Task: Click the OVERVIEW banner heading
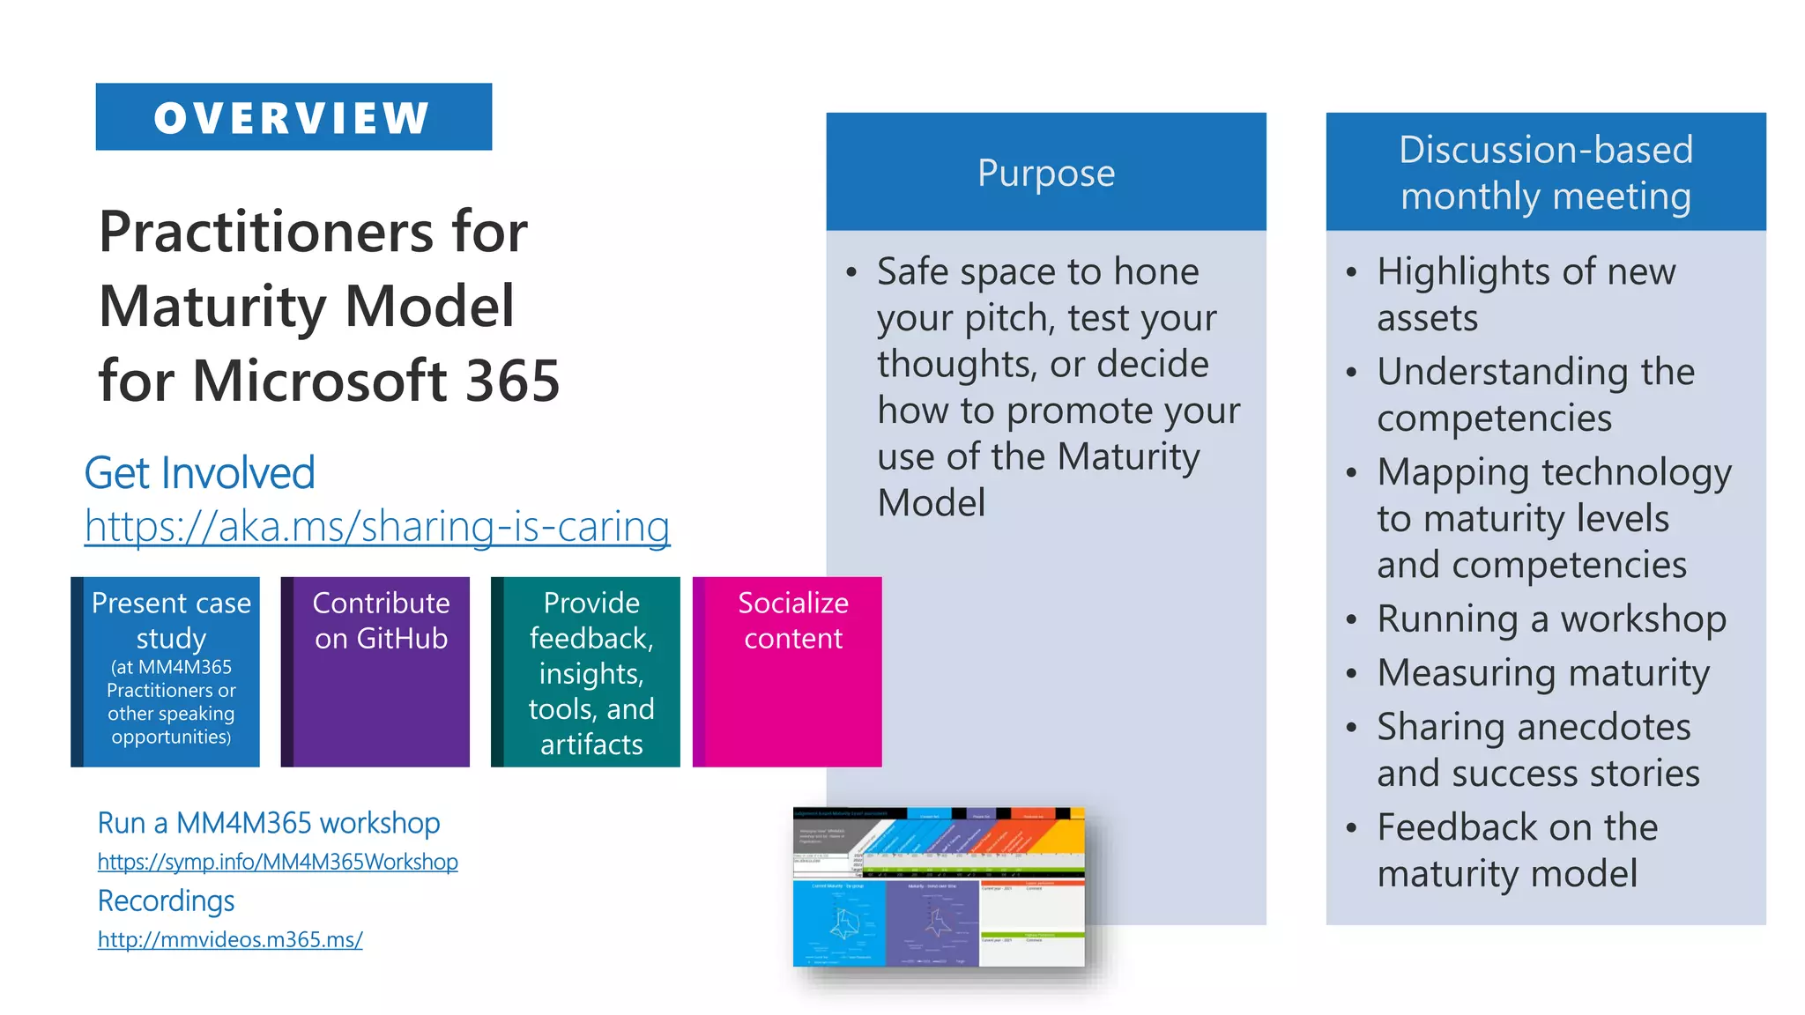pos(293,117)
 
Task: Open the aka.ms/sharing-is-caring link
pos(377,526)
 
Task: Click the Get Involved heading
pos(200,473)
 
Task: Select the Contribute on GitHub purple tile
pos(380,671)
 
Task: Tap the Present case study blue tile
pos(170,671)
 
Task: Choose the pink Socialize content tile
pos(791,671)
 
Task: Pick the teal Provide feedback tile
pos(591,671)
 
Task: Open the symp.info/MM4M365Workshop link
pos(278,862)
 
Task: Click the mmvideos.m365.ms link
pos(230,939)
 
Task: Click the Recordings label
pos(166,900)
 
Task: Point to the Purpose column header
pos(1046,173)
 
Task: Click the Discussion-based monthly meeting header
pos(1546,173)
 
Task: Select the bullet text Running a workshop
pos(1551,619)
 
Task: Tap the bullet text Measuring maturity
pos(1543,673)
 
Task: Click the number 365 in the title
pos(512,381)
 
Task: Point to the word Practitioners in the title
pos(267,232)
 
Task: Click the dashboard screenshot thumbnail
pos(939,886)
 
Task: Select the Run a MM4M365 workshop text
pos(269,823)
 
